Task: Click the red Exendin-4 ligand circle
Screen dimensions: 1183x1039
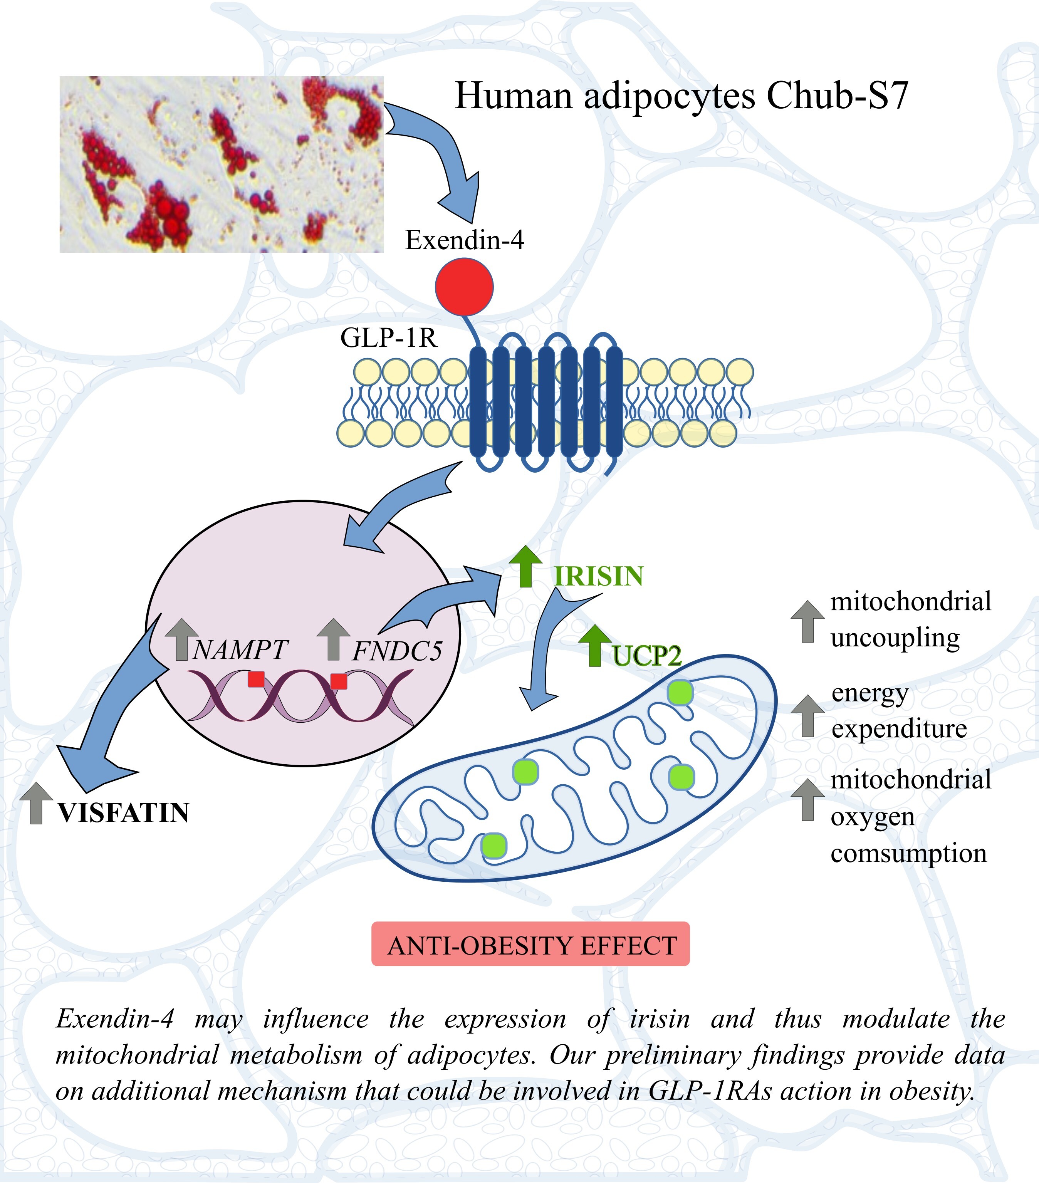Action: coord(464,287)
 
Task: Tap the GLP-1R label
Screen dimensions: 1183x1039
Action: coord(388,338)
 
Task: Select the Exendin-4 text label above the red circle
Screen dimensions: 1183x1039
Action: coord(464,240)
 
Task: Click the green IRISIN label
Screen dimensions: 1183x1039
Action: coord(599,576)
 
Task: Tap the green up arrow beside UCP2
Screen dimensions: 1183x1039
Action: coord(594,645)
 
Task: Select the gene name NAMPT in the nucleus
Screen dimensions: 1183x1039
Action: coord(239,650)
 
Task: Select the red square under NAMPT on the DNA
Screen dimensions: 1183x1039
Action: coord(256,679)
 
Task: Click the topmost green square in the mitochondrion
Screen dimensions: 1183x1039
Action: coord(680,693)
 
